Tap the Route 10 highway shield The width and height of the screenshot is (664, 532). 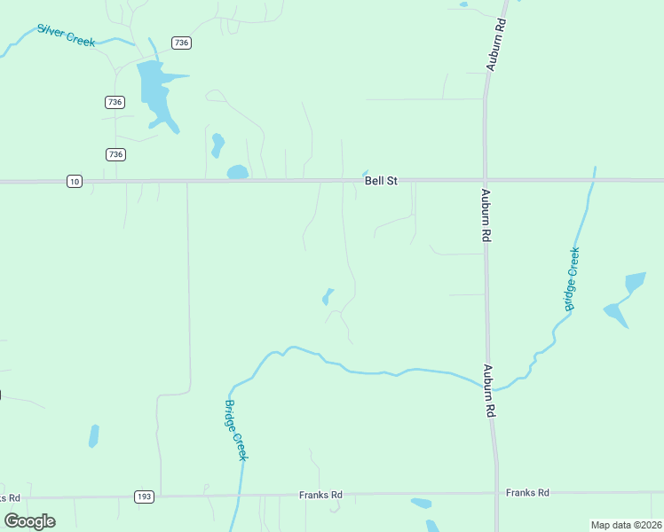pos(75,181)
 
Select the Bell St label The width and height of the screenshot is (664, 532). pos(381,181)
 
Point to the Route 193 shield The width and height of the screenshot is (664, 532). pos(144,496)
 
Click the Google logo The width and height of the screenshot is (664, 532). pos(29,520)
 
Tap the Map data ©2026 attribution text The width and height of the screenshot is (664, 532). pos(626,525)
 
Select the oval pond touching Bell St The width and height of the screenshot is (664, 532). pos(237,172)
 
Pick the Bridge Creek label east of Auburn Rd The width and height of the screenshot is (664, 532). pos(573,278)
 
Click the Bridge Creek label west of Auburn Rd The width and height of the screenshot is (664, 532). pos(234,430)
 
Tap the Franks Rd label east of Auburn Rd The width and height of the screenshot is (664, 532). pos(527,492)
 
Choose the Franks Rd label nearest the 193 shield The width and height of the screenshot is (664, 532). pos(320,495)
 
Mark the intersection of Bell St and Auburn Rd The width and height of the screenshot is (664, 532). pos(485,180)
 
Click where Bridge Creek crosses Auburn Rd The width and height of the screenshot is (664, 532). pos(489,385)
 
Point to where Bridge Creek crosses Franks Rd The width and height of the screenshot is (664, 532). pos(240,495)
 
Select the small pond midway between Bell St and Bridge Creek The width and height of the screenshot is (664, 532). pos(328,296)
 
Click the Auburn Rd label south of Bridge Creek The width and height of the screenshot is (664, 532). pos(488,391)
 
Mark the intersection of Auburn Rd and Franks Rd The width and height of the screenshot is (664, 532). pos(495,493)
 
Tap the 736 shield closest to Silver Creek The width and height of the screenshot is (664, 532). pos(181,43)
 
